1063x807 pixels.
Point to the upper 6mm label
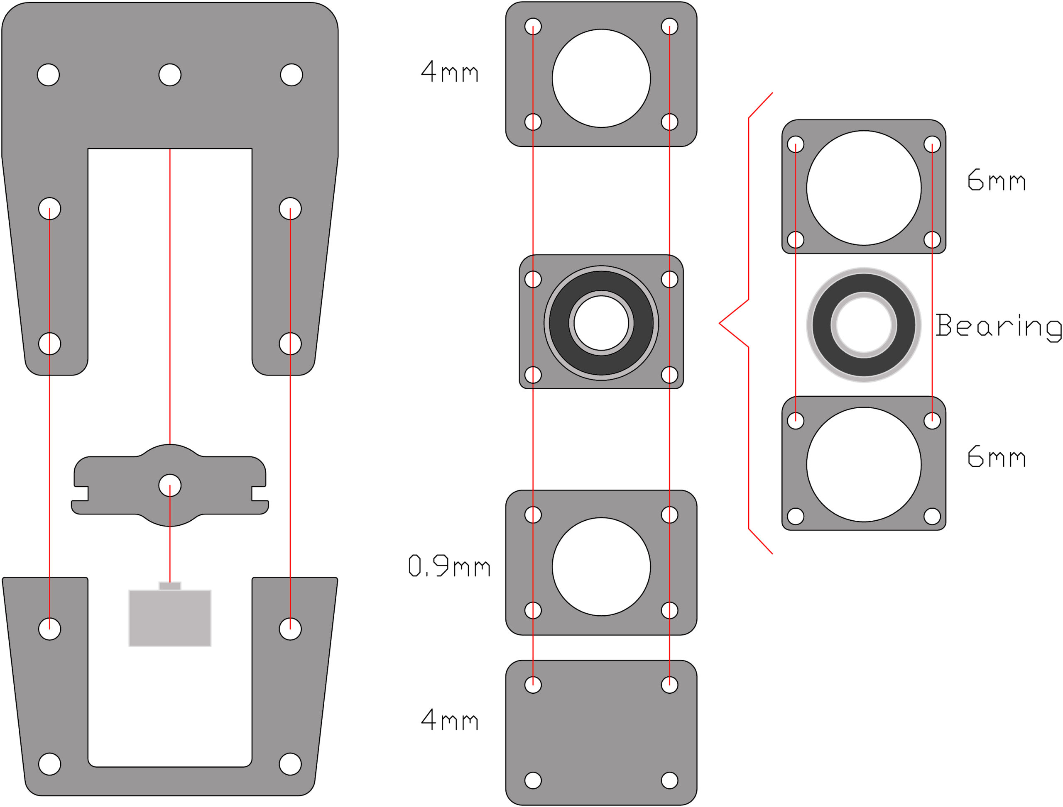996,180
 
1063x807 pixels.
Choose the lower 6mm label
996,456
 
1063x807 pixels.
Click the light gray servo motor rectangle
170,618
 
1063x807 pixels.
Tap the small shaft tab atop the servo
170,585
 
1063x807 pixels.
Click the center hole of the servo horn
170,485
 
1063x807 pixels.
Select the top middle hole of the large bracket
170,75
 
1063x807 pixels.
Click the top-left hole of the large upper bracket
48,75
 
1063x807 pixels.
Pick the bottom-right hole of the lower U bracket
290,764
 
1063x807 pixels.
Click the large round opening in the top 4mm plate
601,78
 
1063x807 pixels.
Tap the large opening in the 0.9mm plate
601,566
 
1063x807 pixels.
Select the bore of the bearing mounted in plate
601,323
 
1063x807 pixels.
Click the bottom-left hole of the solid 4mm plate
533,780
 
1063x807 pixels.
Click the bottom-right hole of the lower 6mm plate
932,517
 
